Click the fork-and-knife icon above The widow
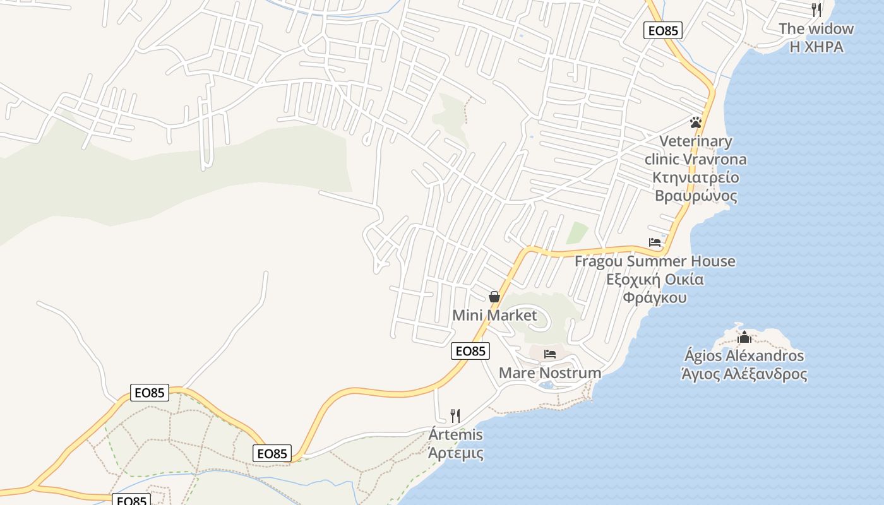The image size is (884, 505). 816,9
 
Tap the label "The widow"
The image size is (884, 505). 816,28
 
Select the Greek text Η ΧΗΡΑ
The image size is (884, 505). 816,47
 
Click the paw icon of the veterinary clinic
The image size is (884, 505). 696,122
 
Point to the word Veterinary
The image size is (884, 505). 696,141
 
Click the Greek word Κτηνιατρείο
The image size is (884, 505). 696,177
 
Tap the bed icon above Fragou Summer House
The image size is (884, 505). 655,242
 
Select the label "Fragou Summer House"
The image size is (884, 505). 655,261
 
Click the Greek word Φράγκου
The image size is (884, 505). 655,297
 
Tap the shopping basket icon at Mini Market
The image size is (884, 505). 494,297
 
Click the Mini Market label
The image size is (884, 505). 494,316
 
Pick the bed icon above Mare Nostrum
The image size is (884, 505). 550,354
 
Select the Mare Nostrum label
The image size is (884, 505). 550,373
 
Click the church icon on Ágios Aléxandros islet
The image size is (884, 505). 744,337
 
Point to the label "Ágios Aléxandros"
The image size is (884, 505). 744,356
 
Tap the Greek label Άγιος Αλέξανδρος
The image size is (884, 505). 744,374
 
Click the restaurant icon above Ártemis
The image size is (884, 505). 455,415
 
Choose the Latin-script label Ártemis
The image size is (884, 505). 455,435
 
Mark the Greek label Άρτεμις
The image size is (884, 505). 455,453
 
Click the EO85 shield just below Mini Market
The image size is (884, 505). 470,351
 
